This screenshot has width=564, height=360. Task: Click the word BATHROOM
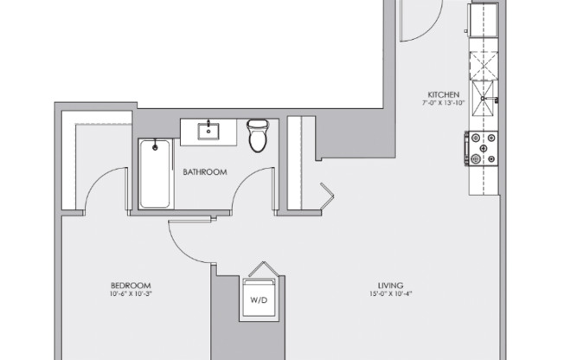[204, 172]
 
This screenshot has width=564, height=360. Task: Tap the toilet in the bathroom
[258, 136]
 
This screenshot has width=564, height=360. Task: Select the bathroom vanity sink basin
[208, 132]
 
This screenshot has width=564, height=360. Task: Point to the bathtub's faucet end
[155, 146]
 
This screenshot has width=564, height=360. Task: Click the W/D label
[259, 301]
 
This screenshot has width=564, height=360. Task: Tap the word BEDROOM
[131, 286]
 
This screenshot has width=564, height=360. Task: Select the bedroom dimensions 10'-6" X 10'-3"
[131, 295]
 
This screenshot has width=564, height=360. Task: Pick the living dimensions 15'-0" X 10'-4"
[391, 295]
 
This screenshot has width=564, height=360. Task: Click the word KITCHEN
[442, 95]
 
